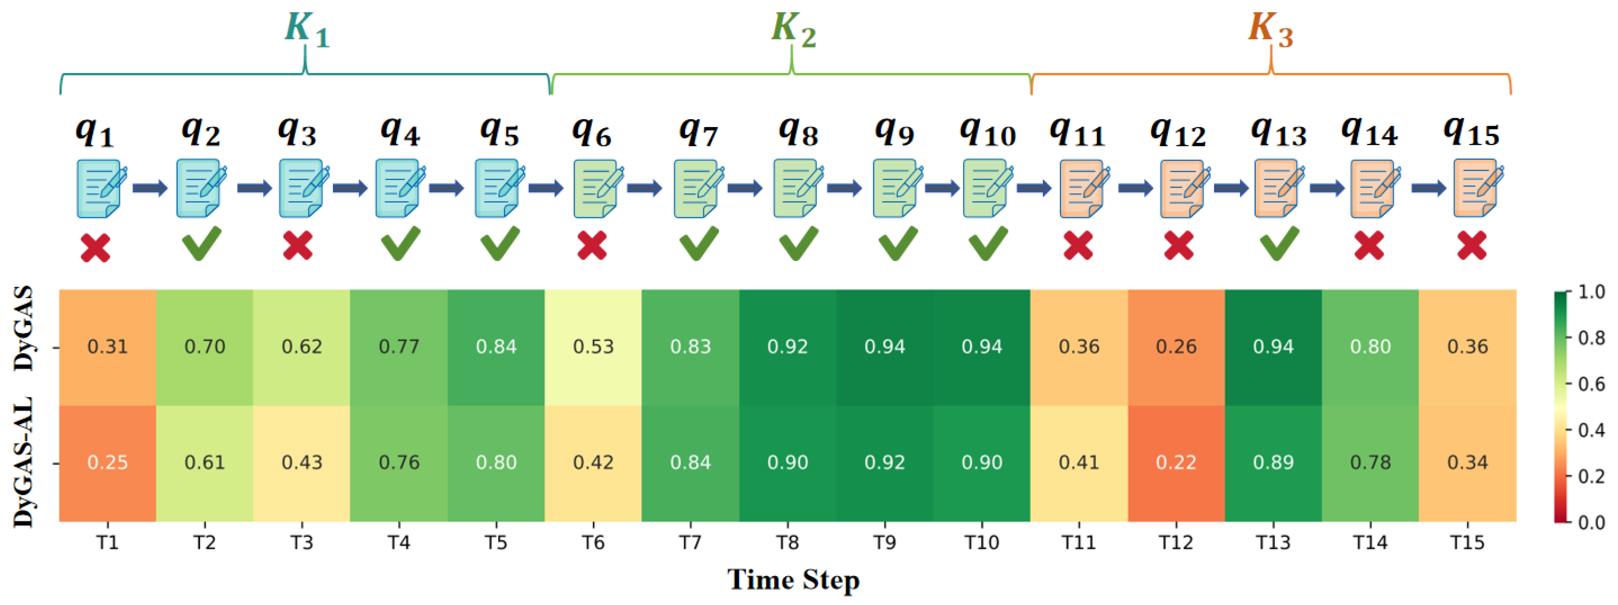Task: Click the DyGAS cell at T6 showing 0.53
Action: (593, 347)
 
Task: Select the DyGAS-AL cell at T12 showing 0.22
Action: (1176, 463)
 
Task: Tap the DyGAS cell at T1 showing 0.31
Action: (108, 347)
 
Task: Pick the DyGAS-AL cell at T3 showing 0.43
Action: (301, 463)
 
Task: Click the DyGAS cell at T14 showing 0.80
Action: (1370, 347)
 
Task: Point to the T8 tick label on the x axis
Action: (787, 542)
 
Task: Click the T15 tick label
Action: (1467, 542)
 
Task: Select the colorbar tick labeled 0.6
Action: (1591, 384)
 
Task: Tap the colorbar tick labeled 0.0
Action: (1591, 523)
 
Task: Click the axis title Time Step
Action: (794, 579)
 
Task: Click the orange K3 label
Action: (1270, 29)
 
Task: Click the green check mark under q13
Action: (1279, 244)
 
